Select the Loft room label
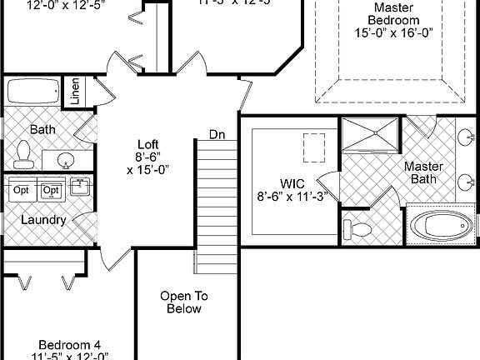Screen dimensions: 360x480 pyautogui.click(x=148, y=142)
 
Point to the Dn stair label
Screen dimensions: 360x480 pyautogui.click(x=217, y=134)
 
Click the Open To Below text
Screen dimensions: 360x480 pyautogui.click(x=183, y=302)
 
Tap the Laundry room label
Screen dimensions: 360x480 pyautogui.click(x=44, y=220)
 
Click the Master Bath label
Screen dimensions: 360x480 pyautogui.click(x=423, y=172)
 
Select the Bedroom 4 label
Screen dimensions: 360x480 pyautogui.click(x=70, y=344)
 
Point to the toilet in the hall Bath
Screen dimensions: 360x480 pyautogui.click(x=23, y=153)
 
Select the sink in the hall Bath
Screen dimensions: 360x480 pyautogui.click(x=65, y=158)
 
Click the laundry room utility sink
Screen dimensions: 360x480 pyautogui.click(x=79, y=187)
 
